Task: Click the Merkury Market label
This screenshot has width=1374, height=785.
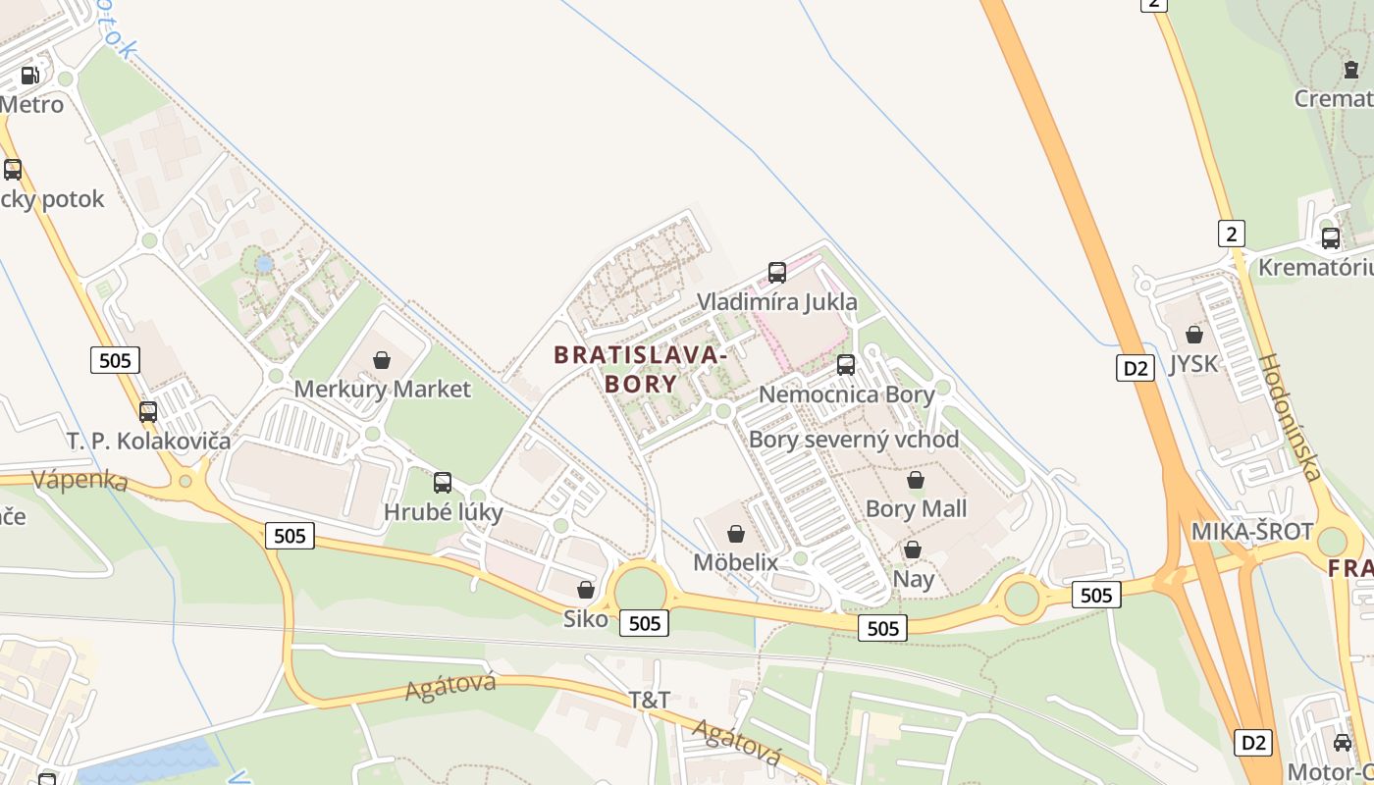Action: click(x=383, y=390)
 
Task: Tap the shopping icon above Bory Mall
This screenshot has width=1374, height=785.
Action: click(x=916, y=480)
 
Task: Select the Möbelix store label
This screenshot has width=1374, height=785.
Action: click(x=735, y=562)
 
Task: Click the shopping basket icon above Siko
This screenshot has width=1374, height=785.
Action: click(x=586, y=590)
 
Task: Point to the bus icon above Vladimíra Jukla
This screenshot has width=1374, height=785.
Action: click(x=777, y=272)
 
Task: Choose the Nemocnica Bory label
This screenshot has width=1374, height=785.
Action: click(x=847, y=395)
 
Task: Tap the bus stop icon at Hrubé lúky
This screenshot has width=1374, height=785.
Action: click(x=443, y=482)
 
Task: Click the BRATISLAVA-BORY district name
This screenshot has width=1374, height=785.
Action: click(x=641, y=369)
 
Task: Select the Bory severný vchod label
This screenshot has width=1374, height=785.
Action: click(x=854, y=440)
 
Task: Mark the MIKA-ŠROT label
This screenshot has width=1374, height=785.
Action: click(x=1252, y=532)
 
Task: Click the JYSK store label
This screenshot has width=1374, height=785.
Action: click(x=1193, y=364)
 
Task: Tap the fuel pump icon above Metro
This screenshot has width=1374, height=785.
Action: click(x=30, y=76)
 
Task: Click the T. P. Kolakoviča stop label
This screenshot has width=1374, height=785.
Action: click(x=149, y=441)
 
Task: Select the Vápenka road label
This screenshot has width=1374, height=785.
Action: click(x=79, y=481)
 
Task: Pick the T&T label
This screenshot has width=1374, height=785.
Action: click(x=650, y=700)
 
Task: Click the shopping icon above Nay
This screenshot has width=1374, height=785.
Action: click(x=913, y=549)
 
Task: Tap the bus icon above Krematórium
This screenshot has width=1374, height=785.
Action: click(x=1331, y=237)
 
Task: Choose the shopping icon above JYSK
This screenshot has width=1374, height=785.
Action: click(x=1194, y=335)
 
